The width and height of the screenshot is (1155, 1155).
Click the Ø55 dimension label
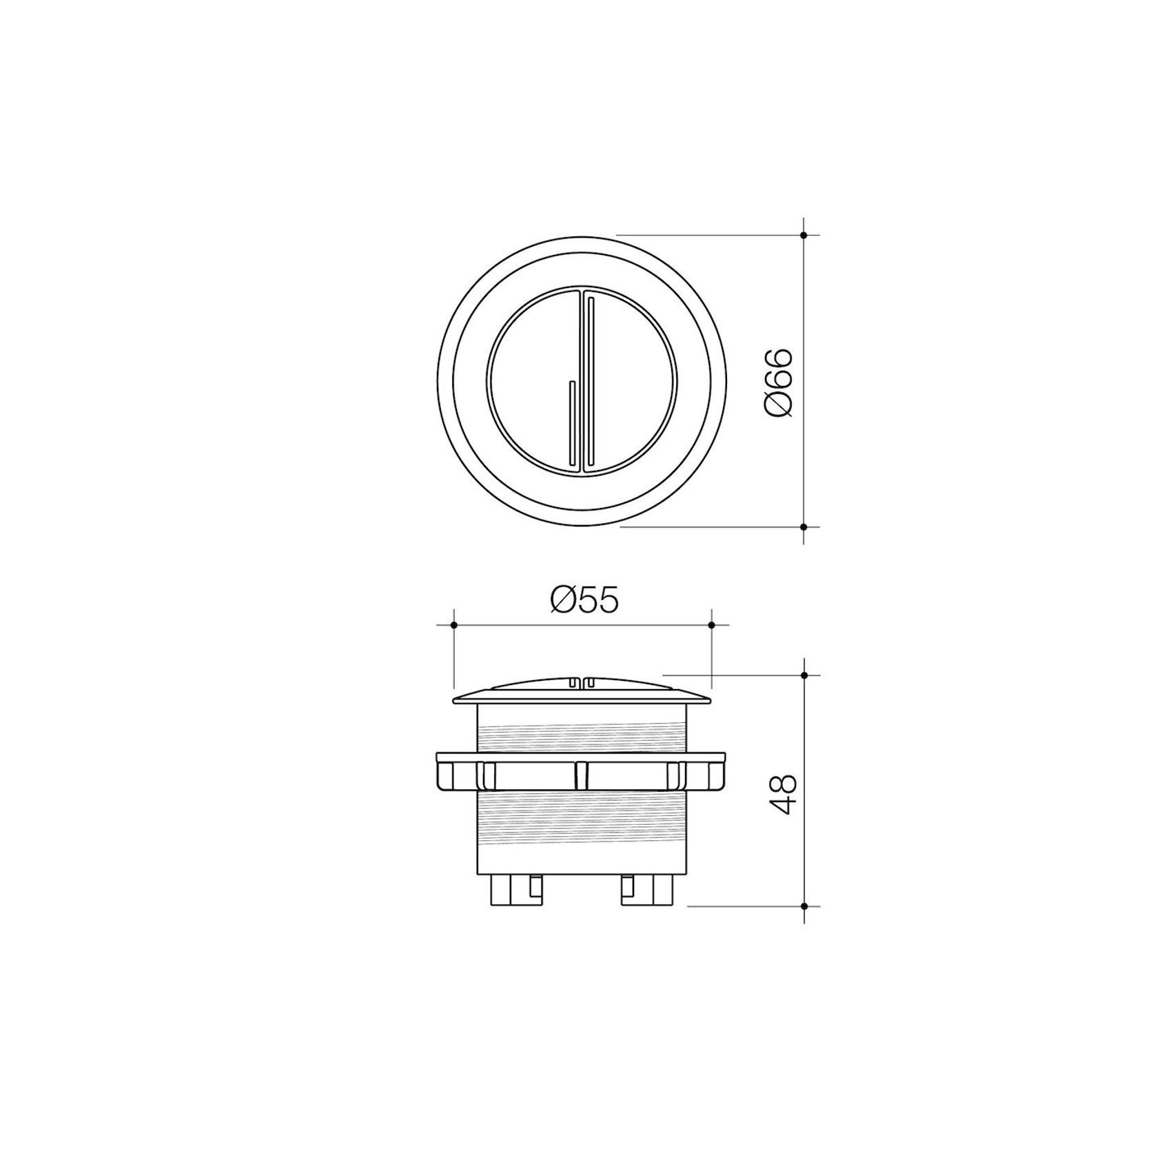(x=584, y=600)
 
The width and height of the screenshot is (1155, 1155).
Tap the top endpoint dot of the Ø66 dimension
(x=804, y=235)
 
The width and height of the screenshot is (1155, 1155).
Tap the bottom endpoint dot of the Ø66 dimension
(x=804, y=527)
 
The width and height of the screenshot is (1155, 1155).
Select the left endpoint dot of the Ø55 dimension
(x=453, y=625)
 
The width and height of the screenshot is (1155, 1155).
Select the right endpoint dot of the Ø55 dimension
(x=711, y=625)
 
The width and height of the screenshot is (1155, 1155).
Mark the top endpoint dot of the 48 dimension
(x=804, y=675)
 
